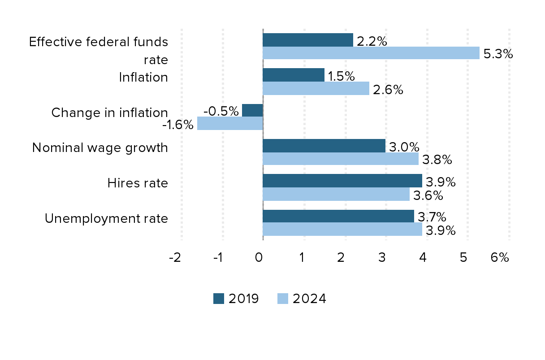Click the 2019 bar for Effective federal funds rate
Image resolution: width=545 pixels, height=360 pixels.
point(308,40)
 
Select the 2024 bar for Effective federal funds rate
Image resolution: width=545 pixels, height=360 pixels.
point(371,53)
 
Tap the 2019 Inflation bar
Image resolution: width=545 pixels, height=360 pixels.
point(294,75)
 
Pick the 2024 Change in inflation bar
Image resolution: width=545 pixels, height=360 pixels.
point(230,123)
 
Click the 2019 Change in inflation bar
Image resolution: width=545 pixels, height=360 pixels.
point(252,110)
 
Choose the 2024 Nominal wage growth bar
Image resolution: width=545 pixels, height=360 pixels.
point(341,159)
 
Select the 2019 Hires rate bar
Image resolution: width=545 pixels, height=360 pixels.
point(342,181)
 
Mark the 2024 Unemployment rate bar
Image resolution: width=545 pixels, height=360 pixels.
point(342,230)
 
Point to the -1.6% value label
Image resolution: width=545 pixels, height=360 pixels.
point(177,124)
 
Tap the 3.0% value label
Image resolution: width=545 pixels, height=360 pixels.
point(404,147)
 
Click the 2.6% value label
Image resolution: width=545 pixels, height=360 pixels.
point(388,90)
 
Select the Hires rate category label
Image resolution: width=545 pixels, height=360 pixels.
point(138,183)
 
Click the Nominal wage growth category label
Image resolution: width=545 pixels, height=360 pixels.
point(100,147)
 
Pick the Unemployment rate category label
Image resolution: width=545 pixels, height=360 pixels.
point(106,218)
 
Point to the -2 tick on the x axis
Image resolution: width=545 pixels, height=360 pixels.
point(175,257)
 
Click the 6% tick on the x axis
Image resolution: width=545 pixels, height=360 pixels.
point(500,257)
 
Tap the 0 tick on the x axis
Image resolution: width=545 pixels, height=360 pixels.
point(259,257)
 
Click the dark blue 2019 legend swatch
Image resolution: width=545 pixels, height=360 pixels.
point(218,299)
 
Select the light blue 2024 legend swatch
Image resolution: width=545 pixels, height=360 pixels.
point(282,299)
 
